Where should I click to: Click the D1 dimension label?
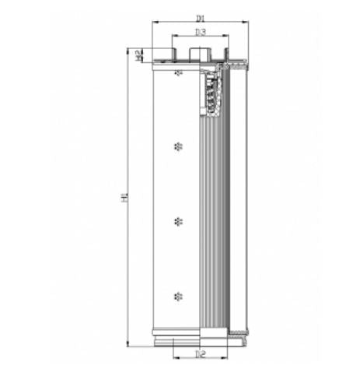tap(200, 16)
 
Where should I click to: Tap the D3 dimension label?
tap(200, 32)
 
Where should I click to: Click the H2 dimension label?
tap(137, 54)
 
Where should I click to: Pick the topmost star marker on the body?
tap(179, 73)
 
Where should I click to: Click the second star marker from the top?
tap(179, 146)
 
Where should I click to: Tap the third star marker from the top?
tap(179, 221)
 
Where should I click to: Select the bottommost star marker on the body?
tap(179, 296)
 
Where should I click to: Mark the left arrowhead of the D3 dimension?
tap(175, 37)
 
